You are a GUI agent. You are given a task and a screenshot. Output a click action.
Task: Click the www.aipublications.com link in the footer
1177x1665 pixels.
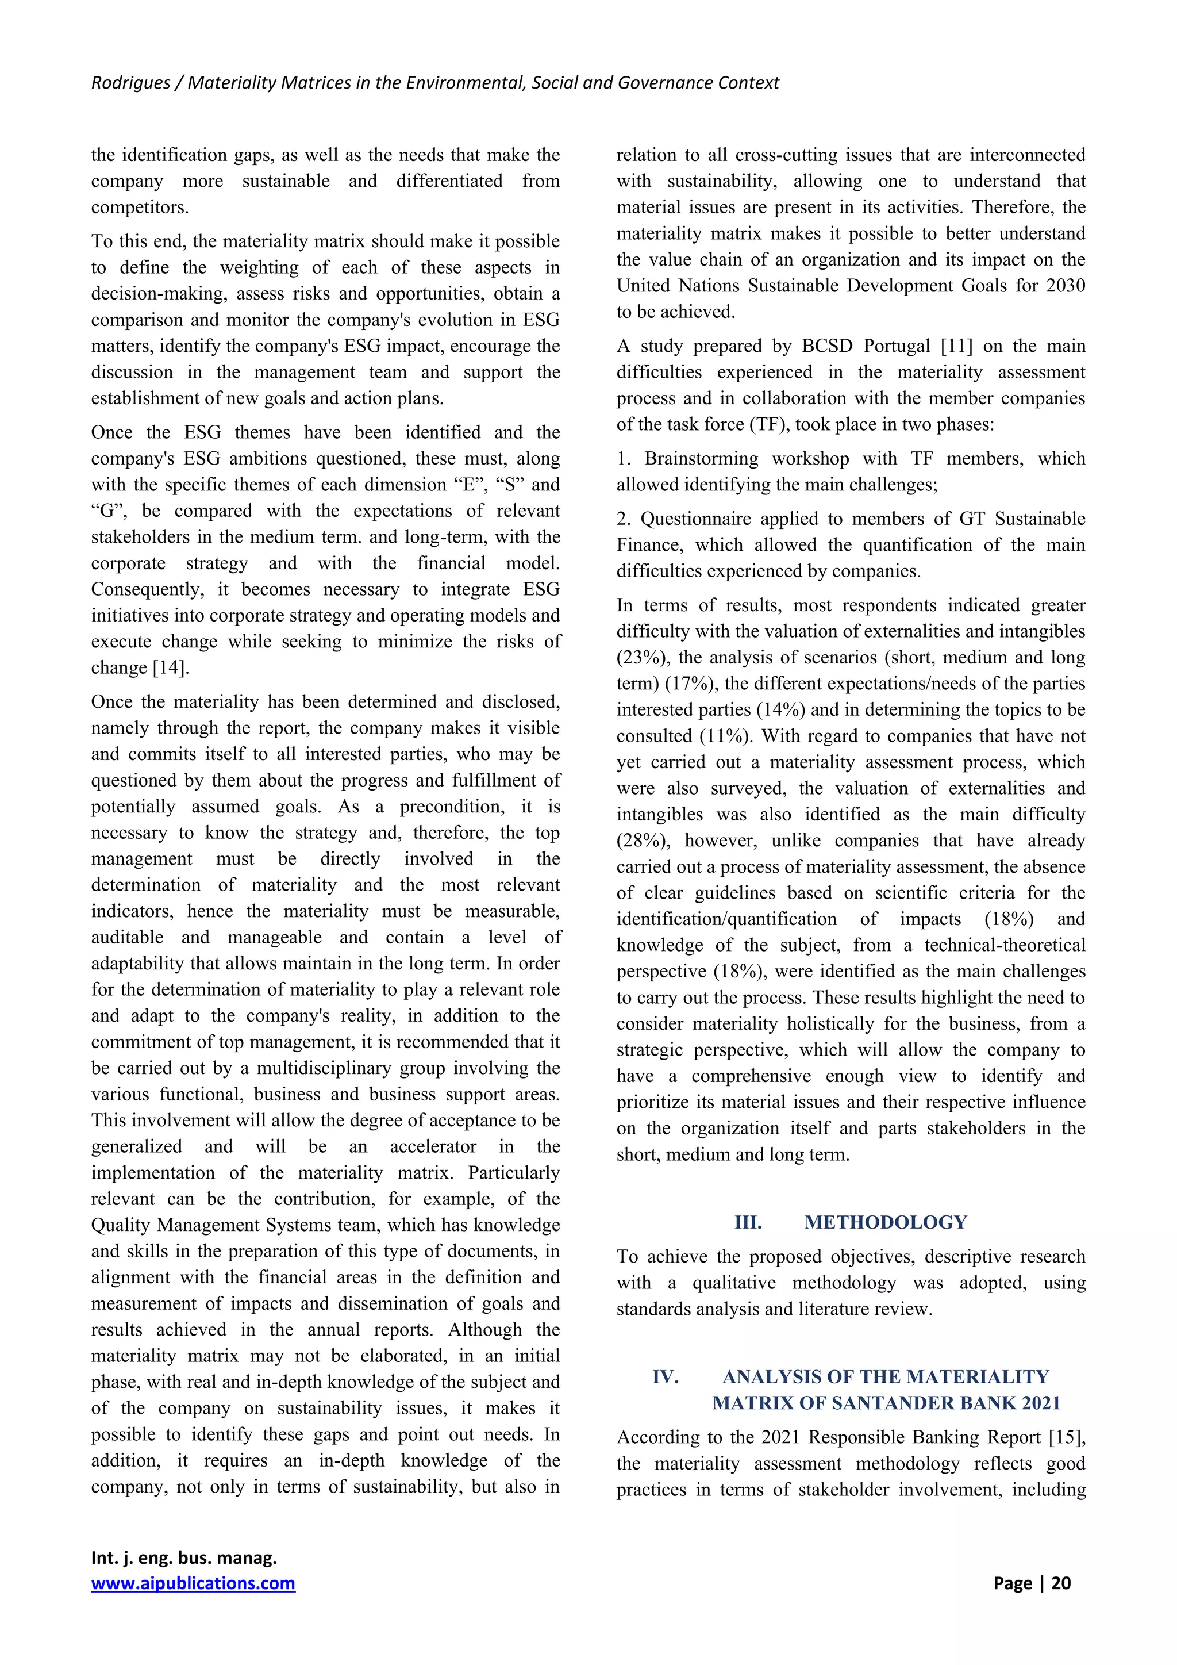193,1583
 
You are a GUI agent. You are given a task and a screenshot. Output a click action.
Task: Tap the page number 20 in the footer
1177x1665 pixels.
1061,1583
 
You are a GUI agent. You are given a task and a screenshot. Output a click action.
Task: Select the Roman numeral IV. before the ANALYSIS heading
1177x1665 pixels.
666,1376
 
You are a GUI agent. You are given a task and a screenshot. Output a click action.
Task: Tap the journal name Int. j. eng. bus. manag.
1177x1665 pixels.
184,1557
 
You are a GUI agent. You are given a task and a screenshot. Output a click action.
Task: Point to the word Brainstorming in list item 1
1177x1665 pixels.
700,458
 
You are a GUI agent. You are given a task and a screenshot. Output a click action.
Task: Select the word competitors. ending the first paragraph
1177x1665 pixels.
140,208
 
